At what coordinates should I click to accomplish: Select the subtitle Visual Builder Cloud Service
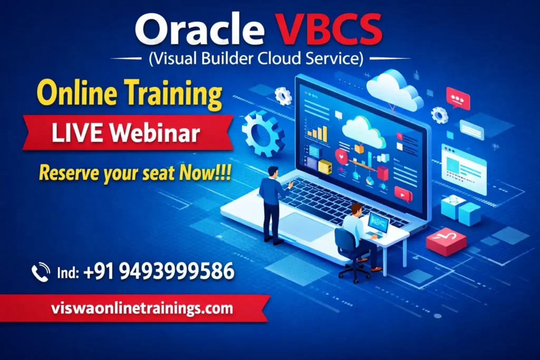pyautogui.click(x=256, y=59)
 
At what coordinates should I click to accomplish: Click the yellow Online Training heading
pyautogui.click(x=130, y=96)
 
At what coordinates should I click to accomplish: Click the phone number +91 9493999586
pyautogui.click(x=158, y=271)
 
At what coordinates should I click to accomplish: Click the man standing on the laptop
pyautogui.click(x=273, y=203)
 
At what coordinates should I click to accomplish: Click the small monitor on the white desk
pyautogui.click(x=378, y=223)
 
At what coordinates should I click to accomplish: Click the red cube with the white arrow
pyautogui.click(x=446, y=241)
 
